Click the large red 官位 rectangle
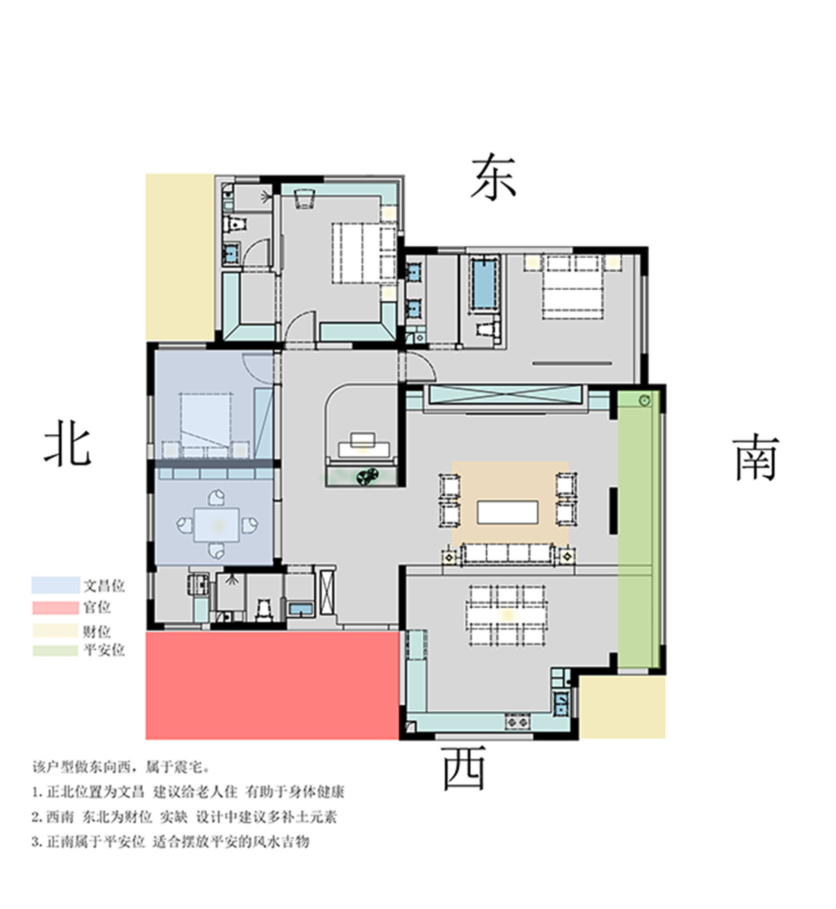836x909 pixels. coord(272,685)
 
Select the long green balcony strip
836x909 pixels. coord(638,529)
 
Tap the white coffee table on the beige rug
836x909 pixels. coord(508,512)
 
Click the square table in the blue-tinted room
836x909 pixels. coord(217,525)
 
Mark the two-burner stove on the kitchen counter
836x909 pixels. coord(518,722)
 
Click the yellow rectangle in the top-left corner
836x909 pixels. coord(180,257)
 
